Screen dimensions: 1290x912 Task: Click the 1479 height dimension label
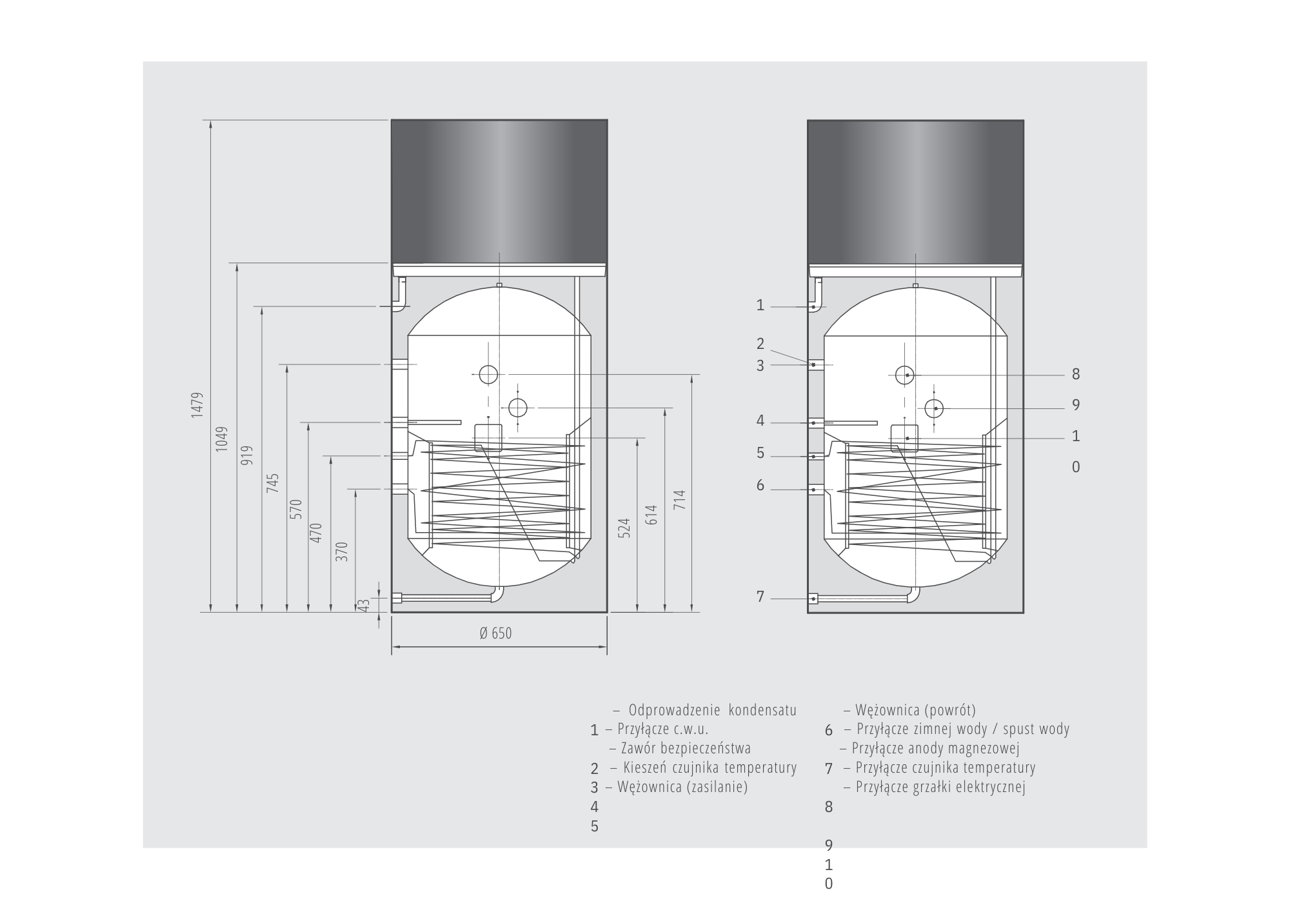click(x=197, y=405)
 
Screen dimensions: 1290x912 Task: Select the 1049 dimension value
click(x=222, y=439)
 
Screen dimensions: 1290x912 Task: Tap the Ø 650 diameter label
click(x=495, y=633)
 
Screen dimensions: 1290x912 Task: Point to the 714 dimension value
click(x=680, y=501)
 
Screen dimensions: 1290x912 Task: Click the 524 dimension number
click(x=624, y=528)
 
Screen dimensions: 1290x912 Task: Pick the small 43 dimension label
click(x=364, y=605)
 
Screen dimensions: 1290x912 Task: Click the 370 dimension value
click(x=342, y=551)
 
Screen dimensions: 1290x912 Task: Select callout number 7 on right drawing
click(x=760, y=597)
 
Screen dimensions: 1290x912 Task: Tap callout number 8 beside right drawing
click(x=1075, y=374)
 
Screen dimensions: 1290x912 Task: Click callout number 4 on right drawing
click(x=760, y=421)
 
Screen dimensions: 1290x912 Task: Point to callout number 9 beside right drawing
click(x=1075, y=405)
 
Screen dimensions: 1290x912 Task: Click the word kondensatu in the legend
click(x=762, y=710)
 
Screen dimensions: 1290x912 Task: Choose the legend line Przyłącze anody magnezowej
click(x=935, y=748)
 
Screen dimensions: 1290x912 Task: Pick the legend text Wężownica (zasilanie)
click(x=682, y=787)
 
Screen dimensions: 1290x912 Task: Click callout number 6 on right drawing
click(x=760, y=485)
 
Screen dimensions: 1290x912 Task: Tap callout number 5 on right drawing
click(x=760, y=453)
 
